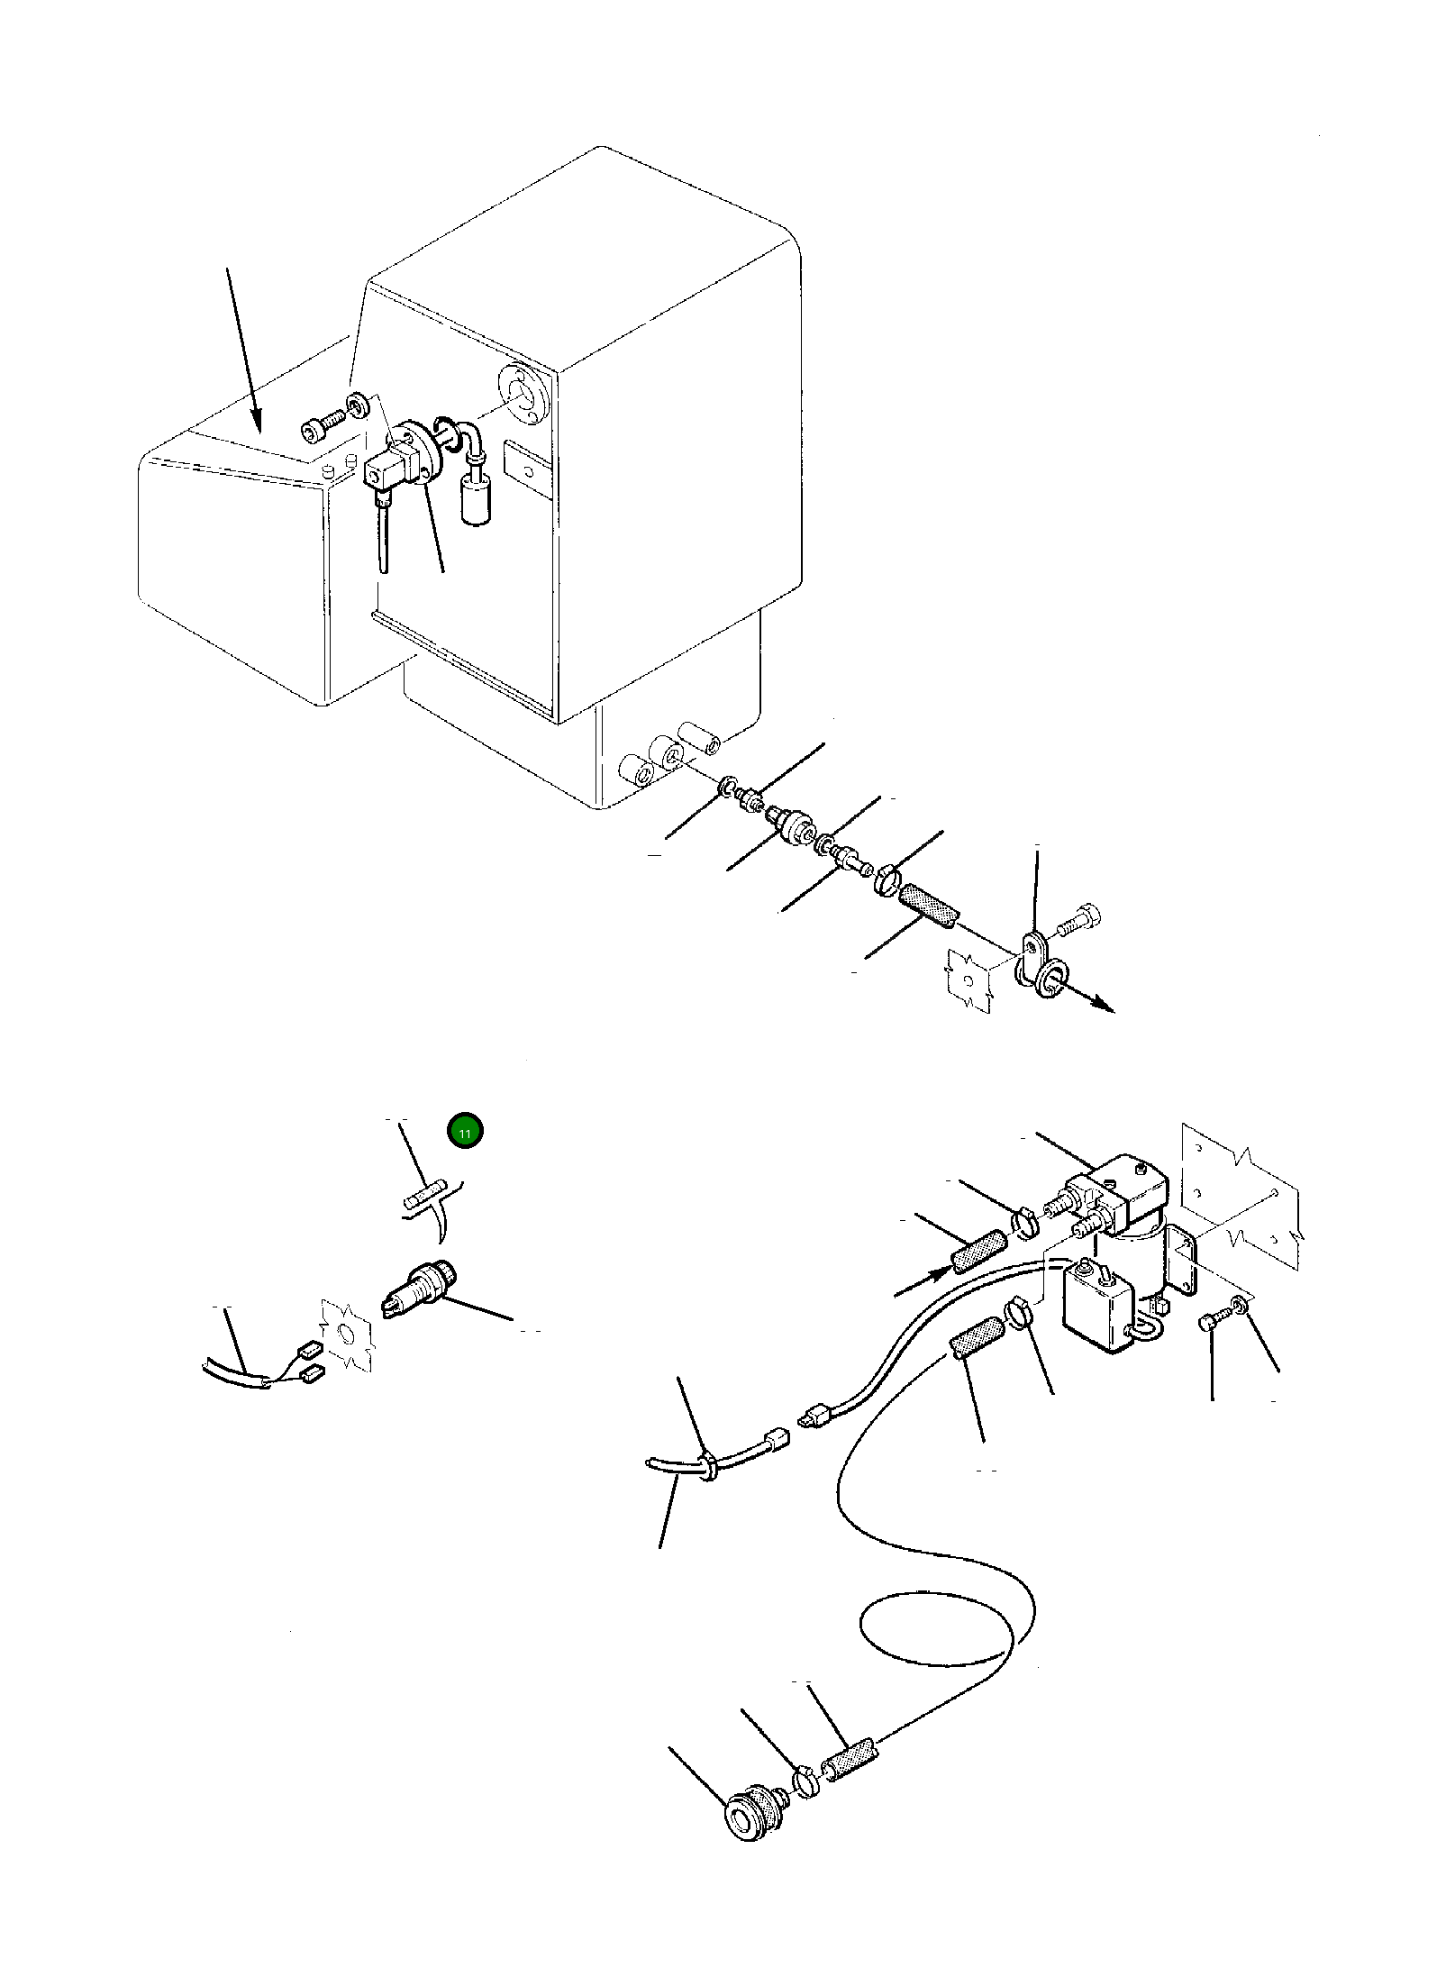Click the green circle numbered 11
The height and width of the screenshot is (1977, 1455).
pos(465,1132)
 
